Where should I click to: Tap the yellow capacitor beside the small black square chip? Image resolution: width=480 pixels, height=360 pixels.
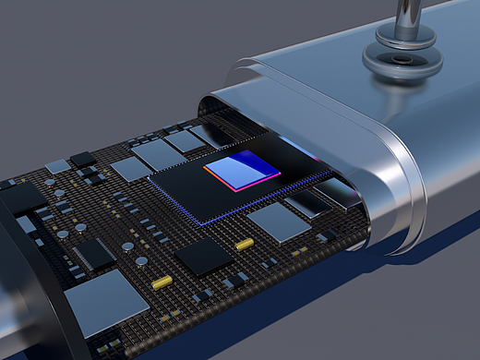245,244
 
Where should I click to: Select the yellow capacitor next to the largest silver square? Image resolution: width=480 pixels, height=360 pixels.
161,281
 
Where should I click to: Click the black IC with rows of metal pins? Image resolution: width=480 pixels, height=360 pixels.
93,253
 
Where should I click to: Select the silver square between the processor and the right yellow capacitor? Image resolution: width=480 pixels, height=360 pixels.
279,222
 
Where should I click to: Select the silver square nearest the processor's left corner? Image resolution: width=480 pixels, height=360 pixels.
130,169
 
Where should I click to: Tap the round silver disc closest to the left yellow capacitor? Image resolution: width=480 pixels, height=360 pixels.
140,261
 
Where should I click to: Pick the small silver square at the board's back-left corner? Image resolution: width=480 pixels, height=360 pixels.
57,166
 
